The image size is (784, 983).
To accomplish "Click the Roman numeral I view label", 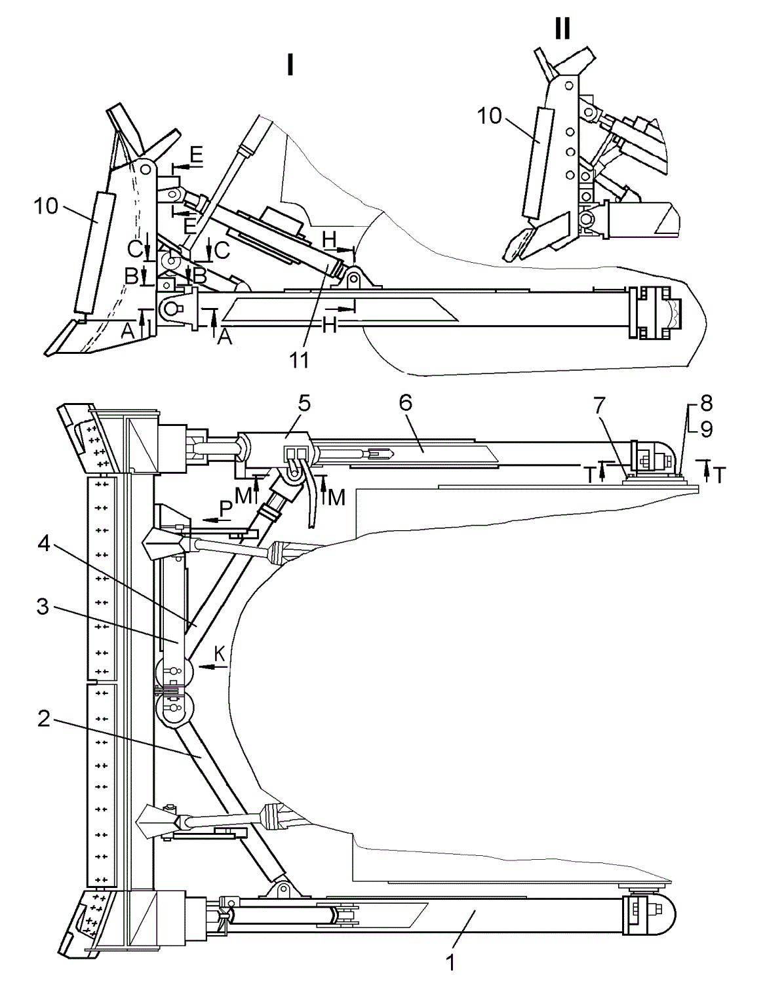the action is tap(290, 64).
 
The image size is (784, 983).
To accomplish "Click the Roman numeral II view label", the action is tap(562, 28).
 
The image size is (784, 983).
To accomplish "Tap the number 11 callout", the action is tap(300, 360).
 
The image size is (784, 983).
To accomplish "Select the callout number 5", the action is tap(304, 403).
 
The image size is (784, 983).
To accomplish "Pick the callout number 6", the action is tap(405, 402).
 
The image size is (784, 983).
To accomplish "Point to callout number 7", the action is tap(599, 404).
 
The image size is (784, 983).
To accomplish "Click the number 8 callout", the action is tap(707, 403).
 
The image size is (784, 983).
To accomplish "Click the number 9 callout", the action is tap(707, 429).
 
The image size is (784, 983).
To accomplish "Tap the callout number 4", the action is tap(43, 543).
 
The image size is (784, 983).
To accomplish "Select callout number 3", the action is tap(43, 607).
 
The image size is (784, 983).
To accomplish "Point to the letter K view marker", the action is tap(220, 654).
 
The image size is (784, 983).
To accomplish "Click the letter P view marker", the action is tap(225, 509).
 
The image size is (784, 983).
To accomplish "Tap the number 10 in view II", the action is tap(489, 116).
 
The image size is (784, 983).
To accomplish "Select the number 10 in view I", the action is tap(46, 206).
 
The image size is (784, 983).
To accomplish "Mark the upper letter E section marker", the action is tap(197, 155).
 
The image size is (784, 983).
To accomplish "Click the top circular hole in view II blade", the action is tap(569, 85).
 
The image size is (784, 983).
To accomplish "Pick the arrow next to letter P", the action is tap(217, 520).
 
